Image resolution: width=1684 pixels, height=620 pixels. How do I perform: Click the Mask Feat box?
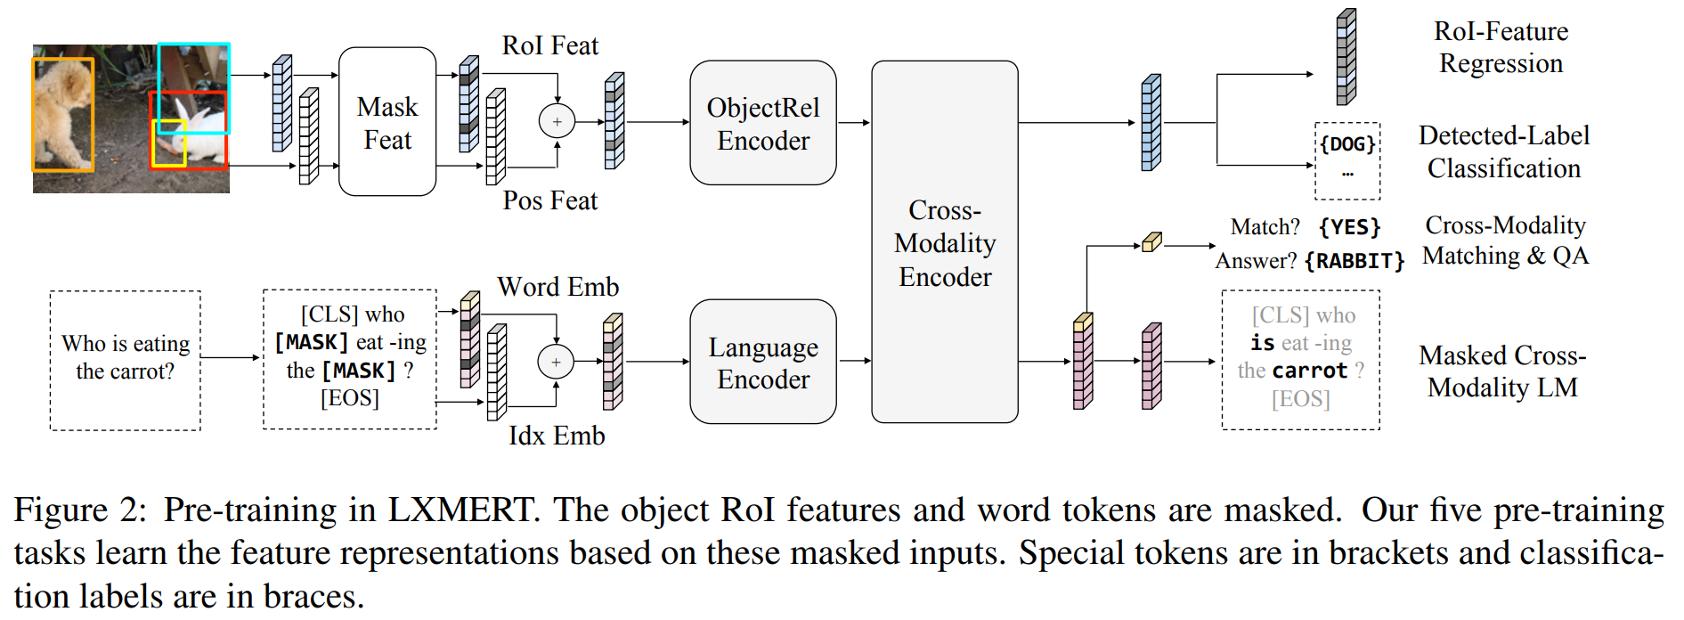pyautogui.click(x=387, y=122)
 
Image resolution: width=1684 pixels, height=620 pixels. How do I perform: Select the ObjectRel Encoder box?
pyautogui.click(x=762, y=123)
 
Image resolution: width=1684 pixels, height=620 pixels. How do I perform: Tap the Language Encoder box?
pyautogui.click(x=762, y=362)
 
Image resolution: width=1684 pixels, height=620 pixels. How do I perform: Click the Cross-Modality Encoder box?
pyautogui.click(x=944, y=242)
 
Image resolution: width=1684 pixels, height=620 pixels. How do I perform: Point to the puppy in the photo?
pyautogui.click(x=64, y=113)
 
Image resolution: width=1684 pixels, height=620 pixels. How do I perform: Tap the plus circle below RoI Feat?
pyautogui.click(x=557, y=121)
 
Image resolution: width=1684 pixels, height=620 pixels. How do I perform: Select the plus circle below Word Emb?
pyautogui.click(x=556, y=362)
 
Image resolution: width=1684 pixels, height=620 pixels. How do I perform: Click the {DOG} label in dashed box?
pyautogui.click(x=1346, y=144)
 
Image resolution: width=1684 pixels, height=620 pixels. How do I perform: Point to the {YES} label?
pyautogui.click(x=1349, y=227)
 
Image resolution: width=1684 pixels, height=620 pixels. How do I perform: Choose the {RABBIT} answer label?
pyautogui.click(x=1354, y=261)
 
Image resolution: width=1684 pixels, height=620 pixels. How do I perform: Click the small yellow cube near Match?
pyautogui.click(x=1151, y=241)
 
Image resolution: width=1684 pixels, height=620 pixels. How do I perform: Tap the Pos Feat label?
pyautogui.click(x=549, y=200)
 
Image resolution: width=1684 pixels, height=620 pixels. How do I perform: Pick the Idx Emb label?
pyautogui.click(x=556, y=436)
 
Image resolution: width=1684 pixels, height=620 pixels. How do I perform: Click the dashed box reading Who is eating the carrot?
pyautogui.click(x=125, y=359)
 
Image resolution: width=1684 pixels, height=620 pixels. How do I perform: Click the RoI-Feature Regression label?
pyautogui.click(x=1501, y=47)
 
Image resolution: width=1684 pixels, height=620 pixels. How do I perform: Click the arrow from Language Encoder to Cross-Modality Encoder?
pyautogui.click(x=854, y=361)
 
